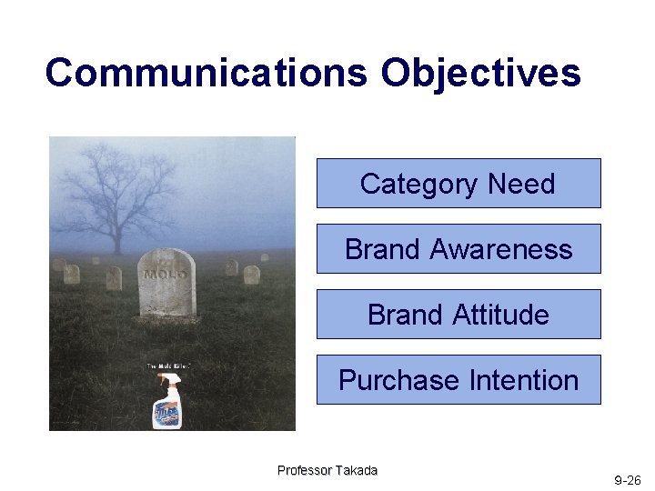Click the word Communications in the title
[207, 73]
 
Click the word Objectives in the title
[480, 73]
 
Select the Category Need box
[458, 184]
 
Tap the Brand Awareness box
[458, 249]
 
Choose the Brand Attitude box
[458, 315]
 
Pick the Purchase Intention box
[458, 380]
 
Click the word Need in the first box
[520, 184]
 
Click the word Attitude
[504, 315]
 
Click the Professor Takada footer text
[327, 470]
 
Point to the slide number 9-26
[627, 479]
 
